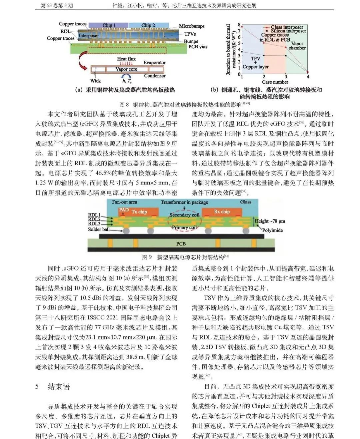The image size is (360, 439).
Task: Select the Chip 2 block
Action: click(148, 25)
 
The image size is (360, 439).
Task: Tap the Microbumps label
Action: click(192, 26)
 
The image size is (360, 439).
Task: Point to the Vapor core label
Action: click(126, 69)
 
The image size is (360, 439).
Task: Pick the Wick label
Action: click(95, 81)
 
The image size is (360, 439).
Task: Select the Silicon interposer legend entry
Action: click(288, 31)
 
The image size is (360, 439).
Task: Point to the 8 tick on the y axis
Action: click(239, 25)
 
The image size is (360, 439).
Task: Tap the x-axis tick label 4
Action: click(308, 77)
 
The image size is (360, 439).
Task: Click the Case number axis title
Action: click(275, 82)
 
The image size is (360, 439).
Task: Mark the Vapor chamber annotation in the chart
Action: click(297, 46)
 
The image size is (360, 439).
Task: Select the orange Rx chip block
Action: click(222, 212)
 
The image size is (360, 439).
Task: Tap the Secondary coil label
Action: click(184, 215)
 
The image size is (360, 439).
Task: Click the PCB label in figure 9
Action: click(181, 244)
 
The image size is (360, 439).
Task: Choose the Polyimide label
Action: click(272, 230)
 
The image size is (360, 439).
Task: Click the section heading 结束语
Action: click(59, 387)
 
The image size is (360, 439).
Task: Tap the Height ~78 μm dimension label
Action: click(270, 221)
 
